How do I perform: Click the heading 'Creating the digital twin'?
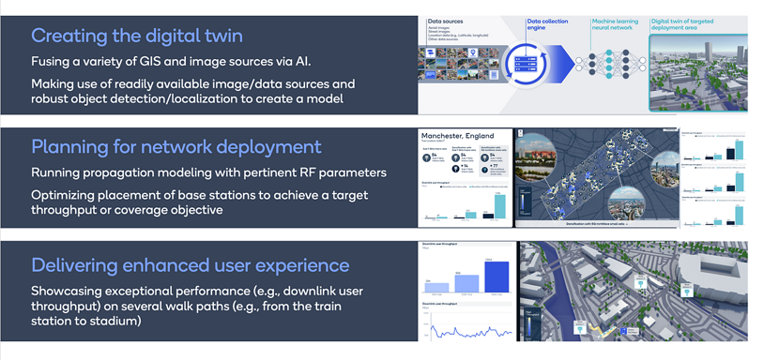(x=137, y=37)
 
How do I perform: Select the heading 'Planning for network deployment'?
(x=176, y=147)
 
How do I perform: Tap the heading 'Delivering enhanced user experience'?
(x=191, y=265)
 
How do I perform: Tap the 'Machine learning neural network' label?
(x=615, y=23)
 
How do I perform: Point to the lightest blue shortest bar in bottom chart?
(x=438, y=286)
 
